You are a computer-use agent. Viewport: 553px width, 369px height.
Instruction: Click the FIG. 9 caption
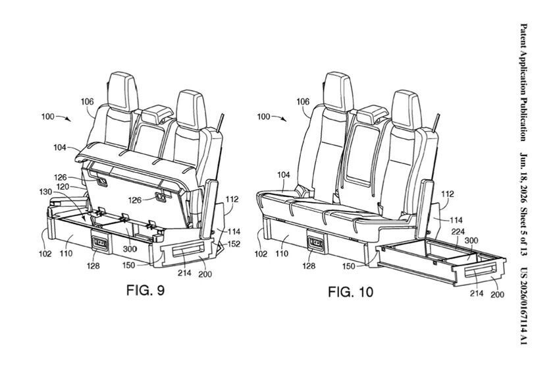point(145,290)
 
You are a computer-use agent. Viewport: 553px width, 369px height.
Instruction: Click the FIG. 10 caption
point(350,292)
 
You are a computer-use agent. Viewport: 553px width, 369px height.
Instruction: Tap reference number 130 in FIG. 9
point(45,192)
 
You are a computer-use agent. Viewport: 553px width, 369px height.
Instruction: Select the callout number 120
point(63,186)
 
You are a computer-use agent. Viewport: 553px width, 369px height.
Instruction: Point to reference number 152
point(234,244)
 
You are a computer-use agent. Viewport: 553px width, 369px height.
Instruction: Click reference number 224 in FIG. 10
point(458,232)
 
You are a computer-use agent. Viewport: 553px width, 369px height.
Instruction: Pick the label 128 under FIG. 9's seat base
point(93,266)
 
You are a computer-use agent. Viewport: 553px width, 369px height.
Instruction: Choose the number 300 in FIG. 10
point(471,241)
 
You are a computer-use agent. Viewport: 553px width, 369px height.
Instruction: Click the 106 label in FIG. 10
point(303,102)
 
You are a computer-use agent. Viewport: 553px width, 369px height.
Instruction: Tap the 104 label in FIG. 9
point(60,148)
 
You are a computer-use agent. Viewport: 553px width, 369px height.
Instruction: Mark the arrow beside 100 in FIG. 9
point(65,118)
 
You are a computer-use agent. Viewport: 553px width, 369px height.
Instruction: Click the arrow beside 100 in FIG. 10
point(280,118)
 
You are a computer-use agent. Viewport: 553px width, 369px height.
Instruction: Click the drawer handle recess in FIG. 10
point(481,273)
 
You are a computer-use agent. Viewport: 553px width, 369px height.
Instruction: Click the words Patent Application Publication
point(524,82)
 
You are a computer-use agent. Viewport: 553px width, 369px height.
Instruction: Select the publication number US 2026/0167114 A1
point(524,307)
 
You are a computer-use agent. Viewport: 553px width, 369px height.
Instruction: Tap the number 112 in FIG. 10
point(448,194)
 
